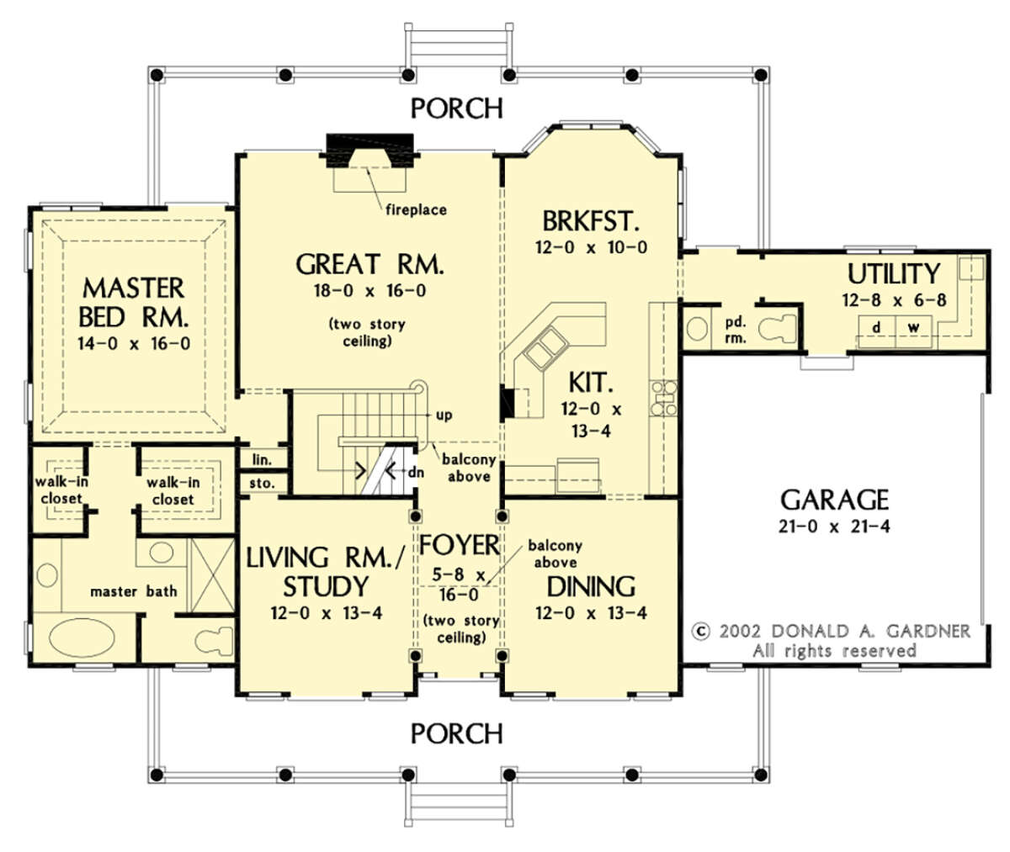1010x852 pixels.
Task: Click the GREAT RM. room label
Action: tap(369, 264)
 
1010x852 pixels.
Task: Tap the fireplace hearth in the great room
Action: tap(370, 180)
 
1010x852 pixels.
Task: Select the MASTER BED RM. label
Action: tap(133, 303)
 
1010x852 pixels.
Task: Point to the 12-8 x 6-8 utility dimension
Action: tap(894, 300)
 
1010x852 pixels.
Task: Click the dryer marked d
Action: tap(876, 331)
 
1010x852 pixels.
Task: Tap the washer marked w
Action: tap(913, 331)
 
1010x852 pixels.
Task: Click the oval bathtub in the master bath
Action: tap(82, 638)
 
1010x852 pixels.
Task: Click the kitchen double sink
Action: tap(546, 347)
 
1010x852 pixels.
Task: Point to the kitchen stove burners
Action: tap(663, 398)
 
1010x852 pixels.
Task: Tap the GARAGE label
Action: tap(834, 500)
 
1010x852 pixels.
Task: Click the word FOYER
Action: tap(459, 545)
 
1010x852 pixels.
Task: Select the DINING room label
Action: tap(591, 586)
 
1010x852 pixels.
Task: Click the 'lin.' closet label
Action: tap(262, 460)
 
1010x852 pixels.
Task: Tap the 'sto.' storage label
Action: tap(262, 483)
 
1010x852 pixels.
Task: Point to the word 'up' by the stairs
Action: tap(444, 415)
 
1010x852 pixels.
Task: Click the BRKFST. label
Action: tap(591, 221)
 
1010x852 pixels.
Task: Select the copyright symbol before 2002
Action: tap(700, 631)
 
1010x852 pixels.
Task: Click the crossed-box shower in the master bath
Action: tap(213, 576)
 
